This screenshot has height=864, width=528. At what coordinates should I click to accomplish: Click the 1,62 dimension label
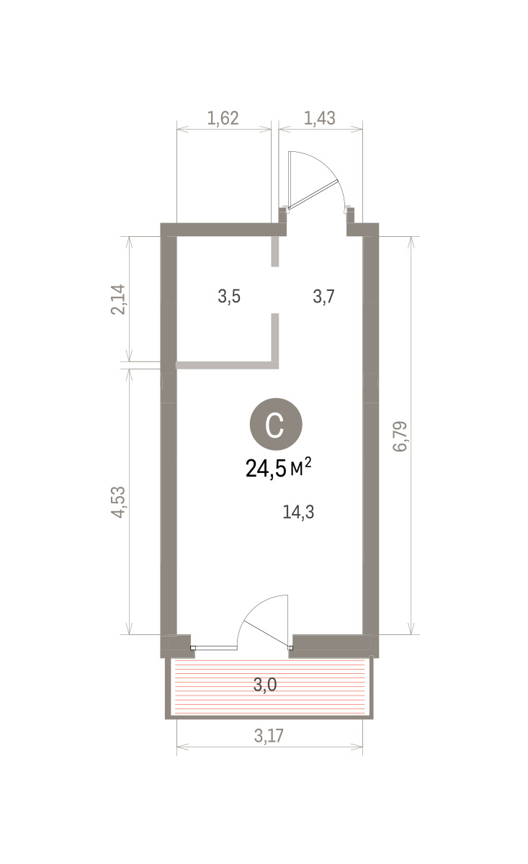pyautogui.click(x=223, y=118)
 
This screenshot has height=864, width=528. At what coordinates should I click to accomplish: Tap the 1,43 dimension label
pyautogui.click(x=320, y=118)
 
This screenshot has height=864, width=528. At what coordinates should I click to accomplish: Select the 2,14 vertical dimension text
pyautogui.click(x=118, y=300)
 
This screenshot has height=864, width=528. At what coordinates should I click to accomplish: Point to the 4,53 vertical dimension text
pyautogui.click(x=118, y=502)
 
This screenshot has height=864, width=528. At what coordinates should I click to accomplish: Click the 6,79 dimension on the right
pyautogui.click(x=400, y=436)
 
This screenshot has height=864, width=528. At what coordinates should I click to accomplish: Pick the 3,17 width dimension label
pyautogui.click(x=269, y=736)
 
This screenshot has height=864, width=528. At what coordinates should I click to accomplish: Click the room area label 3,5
pyautogui.click(x=229, y=297)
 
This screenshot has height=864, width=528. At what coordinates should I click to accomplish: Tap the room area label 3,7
pyautogui.click(x=324, y=297)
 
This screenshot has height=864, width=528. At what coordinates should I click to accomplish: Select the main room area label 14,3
pyautogui.click(x=298, y=512)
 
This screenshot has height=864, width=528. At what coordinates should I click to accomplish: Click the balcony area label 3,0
pyautogui.click(x=265, y=685)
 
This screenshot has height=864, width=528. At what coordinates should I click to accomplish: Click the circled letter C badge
pyautogui.click(x=276, y=424)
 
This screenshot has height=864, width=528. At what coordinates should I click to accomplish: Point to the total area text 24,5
pyautogui.click(x=266, y=469)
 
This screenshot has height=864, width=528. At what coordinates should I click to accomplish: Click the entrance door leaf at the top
pyautogui.click(x=313, y=195)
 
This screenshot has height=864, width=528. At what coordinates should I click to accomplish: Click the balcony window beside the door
pyautogui.click(x=216, y=648)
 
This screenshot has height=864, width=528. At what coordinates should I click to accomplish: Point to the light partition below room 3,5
pyautogui.click(x=227, y=365)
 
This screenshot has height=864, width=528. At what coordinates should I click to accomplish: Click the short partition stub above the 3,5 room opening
pyautogui.click(x=275, y=251)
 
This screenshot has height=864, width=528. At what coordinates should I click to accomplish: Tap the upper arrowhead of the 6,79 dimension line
pyautogui.click(x=411, y=241)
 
